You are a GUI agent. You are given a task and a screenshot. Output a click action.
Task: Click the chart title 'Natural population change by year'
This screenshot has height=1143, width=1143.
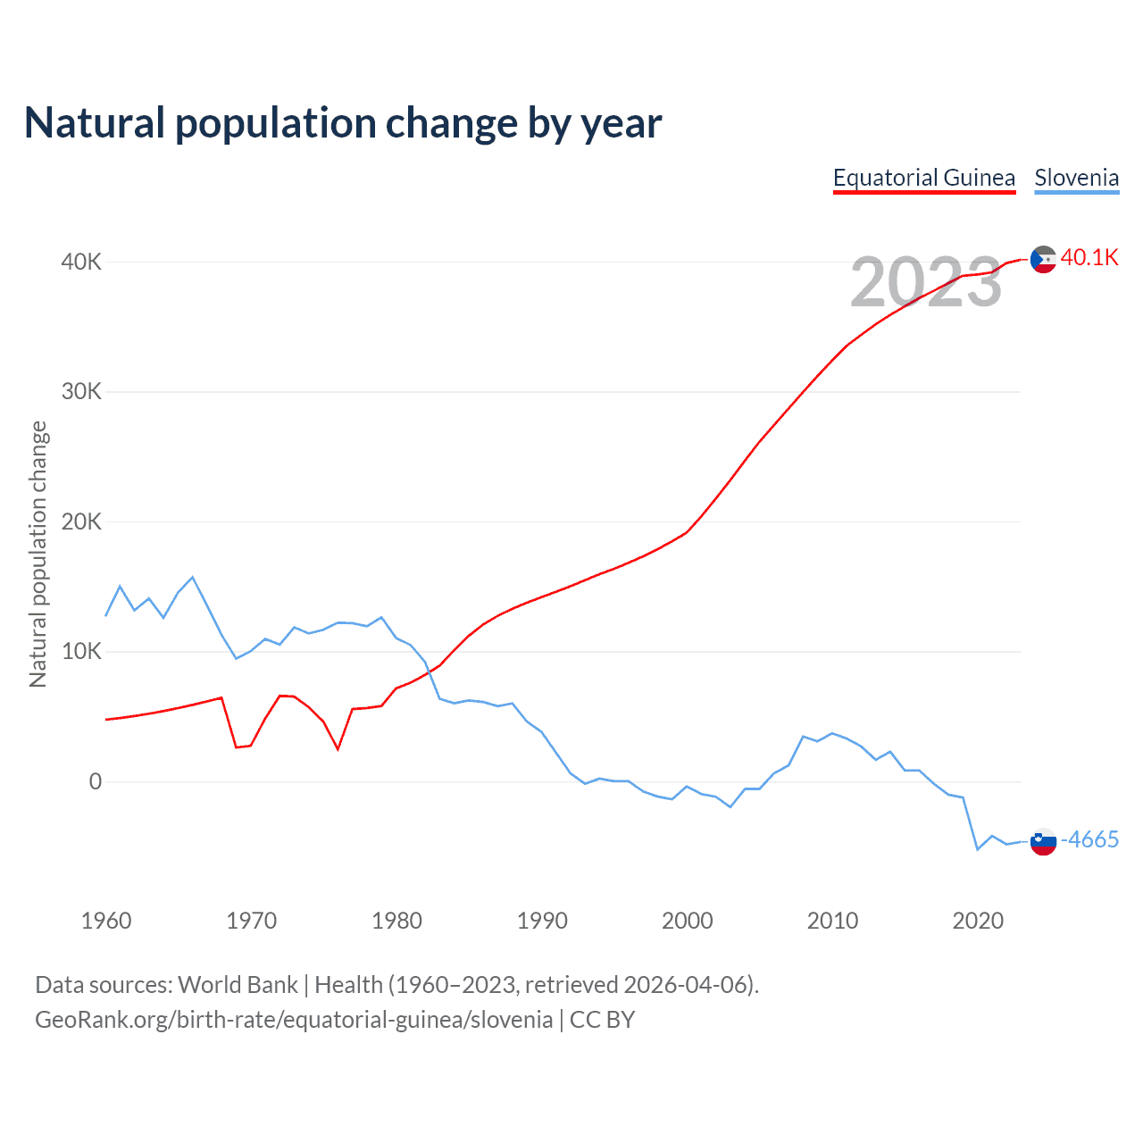click(343, 123)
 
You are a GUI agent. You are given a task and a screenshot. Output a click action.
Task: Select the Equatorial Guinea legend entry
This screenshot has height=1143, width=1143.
click(924, 178)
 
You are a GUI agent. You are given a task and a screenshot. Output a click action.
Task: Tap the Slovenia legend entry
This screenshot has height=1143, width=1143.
click(1076, 178)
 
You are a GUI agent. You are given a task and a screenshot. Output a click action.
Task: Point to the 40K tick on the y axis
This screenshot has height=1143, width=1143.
click(81, 262)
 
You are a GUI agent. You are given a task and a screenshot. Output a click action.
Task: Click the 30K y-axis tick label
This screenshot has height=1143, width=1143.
click(81, 391)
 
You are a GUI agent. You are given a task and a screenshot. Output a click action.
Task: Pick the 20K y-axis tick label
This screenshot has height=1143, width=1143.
click(81, 521)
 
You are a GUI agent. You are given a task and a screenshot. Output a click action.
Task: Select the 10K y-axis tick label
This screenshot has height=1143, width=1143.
click(81, 651)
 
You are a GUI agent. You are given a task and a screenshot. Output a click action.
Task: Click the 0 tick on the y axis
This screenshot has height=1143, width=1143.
click(95, 781)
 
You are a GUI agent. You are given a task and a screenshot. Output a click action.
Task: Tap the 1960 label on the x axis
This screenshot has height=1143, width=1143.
click(106, 921)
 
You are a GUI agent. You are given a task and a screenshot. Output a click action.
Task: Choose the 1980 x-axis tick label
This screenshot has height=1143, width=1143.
click(396, 921)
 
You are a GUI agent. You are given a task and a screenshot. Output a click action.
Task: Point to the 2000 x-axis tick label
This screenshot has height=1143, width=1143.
click(687, 921)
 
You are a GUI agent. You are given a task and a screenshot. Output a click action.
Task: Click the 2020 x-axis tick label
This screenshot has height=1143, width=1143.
click(978, 921)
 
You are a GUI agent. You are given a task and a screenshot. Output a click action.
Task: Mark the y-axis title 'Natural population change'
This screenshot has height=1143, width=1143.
click(38, 555)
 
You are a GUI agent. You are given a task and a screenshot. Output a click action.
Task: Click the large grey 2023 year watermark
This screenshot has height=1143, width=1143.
click(926, 282)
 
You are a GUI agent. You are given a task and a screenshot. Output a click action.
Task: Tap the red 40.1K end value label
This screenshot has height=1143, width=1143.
click(1089, 258)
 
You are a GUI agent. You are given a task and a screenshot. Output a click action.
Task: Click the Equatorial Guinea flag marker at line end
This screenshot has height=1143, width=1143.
click(1043, 260)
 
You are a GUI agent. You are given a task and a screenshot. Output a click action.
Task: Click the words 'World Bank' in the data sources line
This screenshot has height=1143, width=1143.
click(238, 985)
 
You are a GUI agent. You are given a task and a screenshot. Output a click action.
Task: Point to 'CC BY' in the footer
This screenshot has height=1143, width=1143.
click(602, 1020)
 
